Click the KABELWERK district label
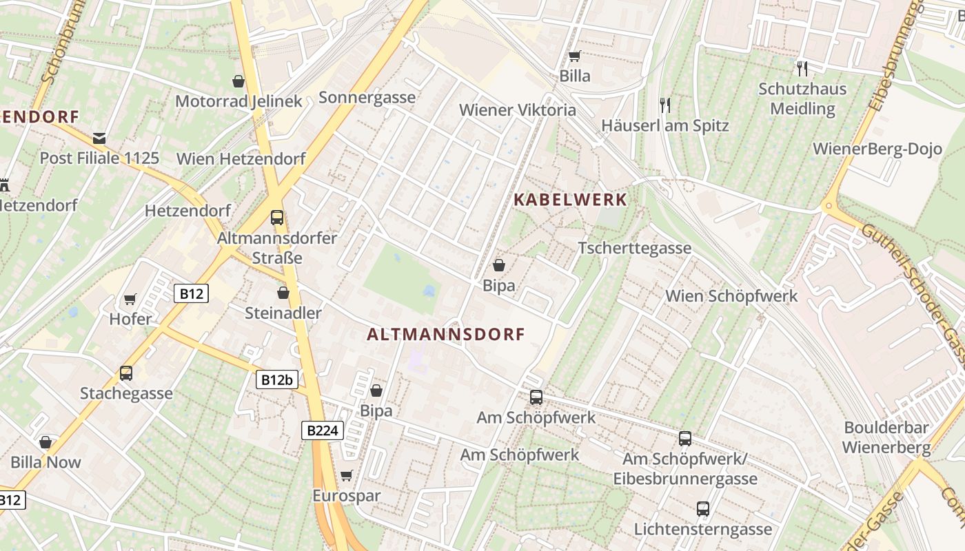(571, 200)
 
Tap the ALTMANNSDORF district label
(446, 335)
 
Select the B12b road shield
(277, 379)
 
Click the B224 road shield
(323, 431)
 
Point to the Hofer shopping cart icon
(130, 300)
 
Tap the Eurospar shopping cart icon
(346, 476)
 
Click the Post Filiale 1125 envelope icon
(99, 138)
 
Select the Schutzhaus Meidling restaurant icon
(802, 69)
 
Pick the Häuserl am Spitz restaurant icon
(665, 105)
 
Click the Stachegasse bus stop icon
(126, 373)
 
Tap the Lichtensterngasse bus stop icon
(702, 510)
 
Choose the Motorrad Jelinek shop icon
(238, 81)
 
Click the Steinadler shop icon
(283, 293)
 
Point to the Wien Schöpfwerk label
(731, 296)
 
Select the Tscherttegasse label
(634, 248)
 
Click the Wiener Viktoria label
(517, 110)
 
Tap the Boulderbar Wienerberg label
(886, 437)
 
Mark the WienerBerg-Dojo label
(877, 149)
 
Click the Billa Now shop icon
(45, 442)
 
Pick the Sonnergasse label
(367, 97)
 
